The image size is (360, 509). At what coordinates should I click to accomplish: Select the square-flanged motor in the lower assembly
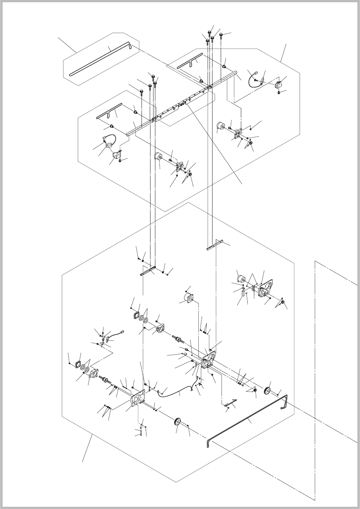coord(187,299)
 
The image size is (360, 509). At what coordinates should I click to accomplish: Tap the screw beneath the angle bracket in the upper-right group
coord(279,92)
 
